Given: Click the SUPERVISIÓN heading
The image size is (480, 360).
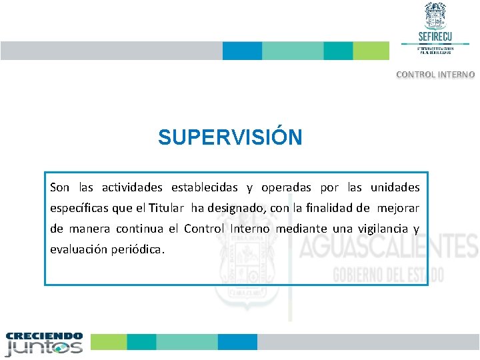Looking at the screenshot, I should pos(230,137).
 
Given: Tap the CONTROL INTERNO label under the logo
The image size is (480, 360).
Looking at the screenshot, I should pos(435,75).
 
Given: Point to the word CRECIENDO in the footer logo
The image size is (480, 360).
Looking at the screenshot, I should pos(44,336).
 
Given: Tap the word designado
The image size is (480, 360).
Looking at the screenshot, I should pos(238,208).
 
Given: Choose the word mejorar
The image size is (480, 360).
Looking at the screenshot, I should pos(398,208).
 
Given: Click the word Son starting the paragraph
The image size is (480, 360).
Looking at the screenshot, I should pos(59,187).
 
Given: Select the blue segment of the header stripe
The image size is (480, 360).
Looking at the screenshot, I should pos(242,51).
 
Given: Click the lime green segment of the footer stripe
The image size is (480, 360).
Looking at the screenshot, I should pos(109,342).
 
